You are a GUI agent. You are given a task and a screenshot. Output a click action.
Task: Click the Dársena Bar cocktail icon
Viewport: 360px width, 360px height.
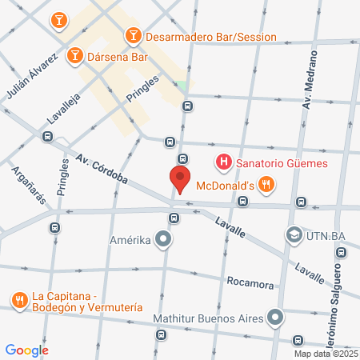(74, 54)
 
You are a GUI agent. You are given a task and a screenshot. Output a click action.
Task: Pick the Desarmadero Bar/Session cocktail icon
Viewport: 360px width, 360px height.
(133, 36)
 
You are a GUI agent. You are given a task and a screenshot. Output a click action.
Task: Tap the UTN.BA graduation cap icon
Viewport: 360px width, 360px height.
(294, 236)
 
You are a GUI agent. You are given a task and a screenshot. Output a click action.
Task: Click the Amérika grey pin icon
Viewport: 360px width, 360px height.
(163, 239)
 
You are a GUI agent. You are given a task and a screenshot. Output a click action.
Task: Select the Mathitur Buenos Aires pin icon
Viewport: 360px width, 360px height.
(275, 318)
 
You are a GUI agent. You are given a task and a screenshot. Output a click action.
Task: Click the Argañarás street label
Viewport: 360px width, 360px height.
(22, 183)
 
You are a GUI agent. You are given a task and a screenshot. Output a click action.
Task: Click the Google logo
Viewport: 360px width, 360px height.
(27, 350)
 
